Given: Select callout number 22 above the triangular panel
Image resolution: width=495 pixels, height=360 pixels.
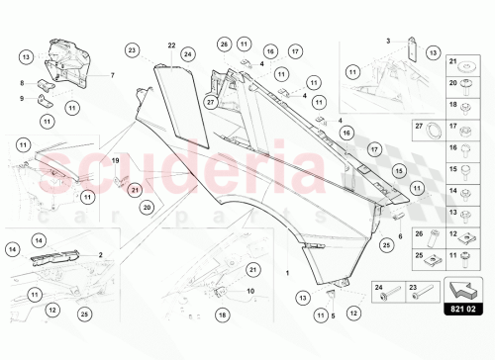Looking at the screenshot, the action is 171,45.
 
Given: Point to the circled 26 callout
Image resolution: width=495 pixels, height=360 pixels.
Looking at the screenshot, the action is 225,45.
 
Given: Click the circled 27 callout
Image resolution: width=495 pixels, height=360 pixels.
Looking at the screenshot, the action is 210,100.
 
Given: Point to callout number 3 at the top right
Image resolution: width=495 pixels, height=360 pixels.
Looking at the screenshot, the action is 389,41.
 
